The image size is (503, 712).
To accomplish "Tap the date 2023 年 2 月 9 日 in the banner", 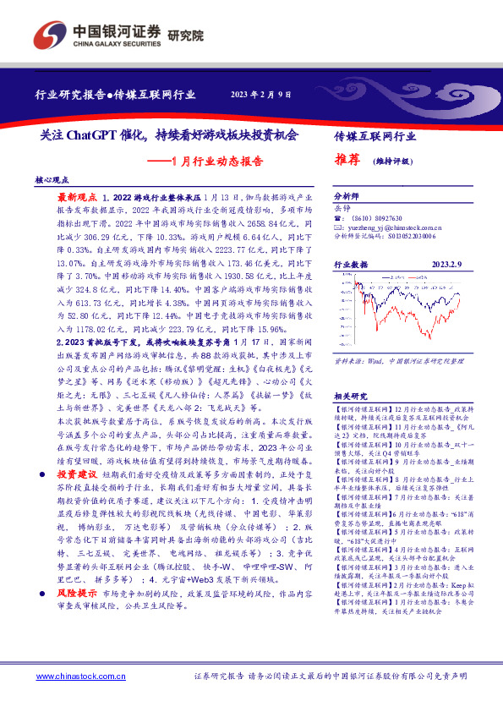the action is click(260, 95).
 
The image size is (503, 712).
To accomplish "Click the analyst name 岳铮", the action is click(342, 207).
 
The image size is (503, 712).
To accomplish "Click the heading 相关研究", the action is click(349, 373).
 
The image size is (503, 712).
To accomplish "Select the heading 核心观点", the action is click(53, 180).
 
